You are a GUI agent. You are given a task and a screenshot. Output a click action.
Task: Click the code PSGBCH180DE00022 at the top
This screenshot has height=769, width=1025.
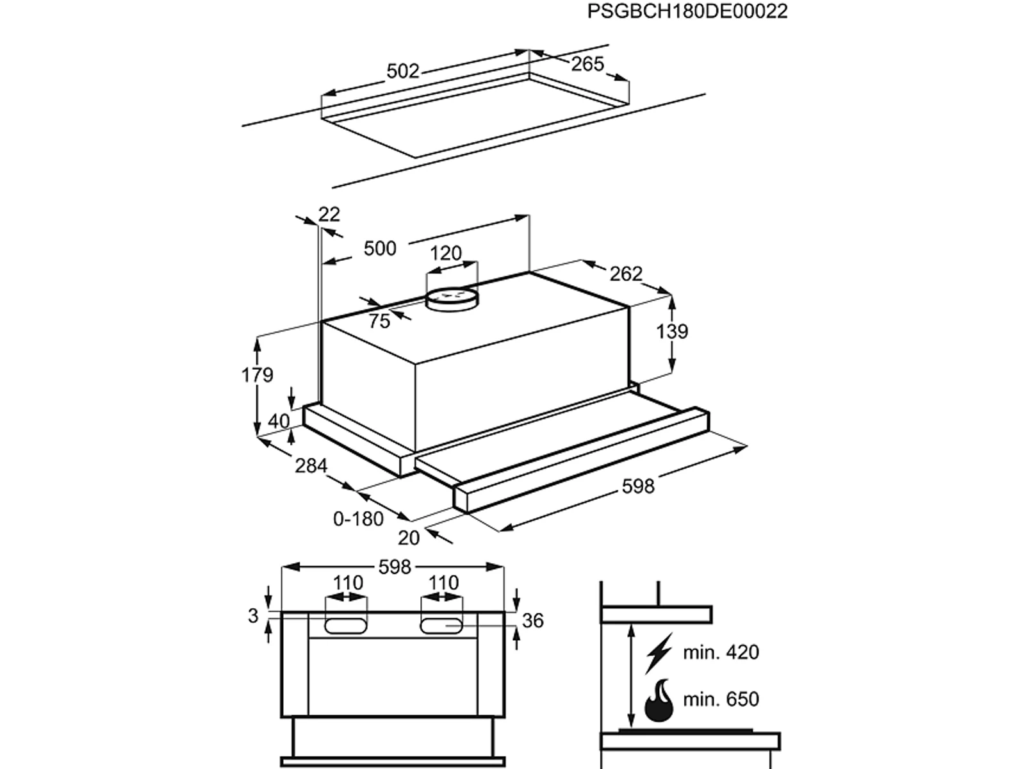tap(687, 11)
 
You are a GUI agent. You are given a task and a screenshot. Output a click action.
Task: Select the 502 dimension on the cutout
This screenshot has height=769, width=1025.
tap(403, 71)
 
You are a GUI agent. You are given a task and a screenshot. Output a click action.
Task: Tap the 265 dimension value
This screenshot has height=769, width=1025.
tap(587, 64)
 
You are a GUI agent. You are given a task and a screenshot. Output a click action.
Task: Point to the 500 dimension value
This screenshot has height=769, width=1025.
tap(380, 249)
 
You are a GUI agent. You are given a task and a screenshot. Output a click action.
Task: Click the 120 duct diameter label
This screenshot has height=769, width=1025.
tap(445, 254)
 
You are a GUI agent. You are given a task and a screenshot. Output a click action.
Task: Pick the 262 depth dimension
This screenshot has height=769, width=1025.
tap(626, 274)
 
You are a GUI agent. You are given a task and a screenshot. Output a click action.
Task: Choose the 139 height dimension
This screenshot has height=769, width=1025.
tap(672, 331)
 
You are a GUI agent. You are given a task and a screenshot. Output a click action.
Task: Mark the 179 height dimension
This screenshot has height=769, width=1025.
tap(258, 375)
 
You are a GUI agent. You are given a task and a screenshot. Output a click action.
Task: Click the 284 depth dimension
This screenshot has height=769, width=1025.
tap(311, 465)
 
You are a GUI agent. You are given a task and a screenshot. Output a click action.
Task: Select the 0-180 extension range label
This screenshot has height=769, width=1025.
tap(358, 518)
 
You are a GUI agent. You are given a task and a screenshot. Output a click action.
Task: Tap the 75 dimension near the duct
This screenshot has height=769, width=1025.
tap(379, 321)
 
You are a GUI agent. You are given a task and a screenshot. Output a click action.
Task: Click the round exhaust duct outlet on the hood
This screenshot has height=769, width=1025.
tap(452, 299)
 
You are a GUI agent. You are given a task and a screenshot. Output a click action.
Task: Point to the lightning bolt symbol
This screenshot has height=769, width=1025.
tap(659, 653)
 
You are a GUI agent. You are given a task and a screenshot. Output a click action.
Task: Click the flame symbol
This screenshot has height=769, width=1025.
tap(659, 700)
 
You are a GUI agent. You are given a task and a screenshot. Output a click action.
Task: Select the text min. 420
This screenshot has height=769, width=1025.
tap(721, 652)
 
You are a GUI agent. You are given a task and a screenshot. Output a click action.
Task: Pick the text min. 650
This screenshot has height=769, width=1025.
tap(721, 699)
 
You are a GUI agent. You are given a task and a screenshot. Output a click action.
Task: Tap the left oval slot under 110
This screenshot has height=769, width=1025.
tap(345, 625)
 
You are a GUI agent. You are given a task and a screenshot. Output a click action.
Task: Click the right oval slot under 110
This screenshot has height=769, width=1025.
tap(442, 625)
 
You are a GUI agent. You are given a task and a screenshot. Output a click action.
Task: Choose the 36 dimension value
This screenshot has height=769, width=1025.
tap(533, 620)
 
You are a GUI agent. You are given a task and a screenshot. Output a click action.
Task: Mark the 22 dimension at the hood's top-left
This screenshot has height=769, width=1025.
tap(329, 214)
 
